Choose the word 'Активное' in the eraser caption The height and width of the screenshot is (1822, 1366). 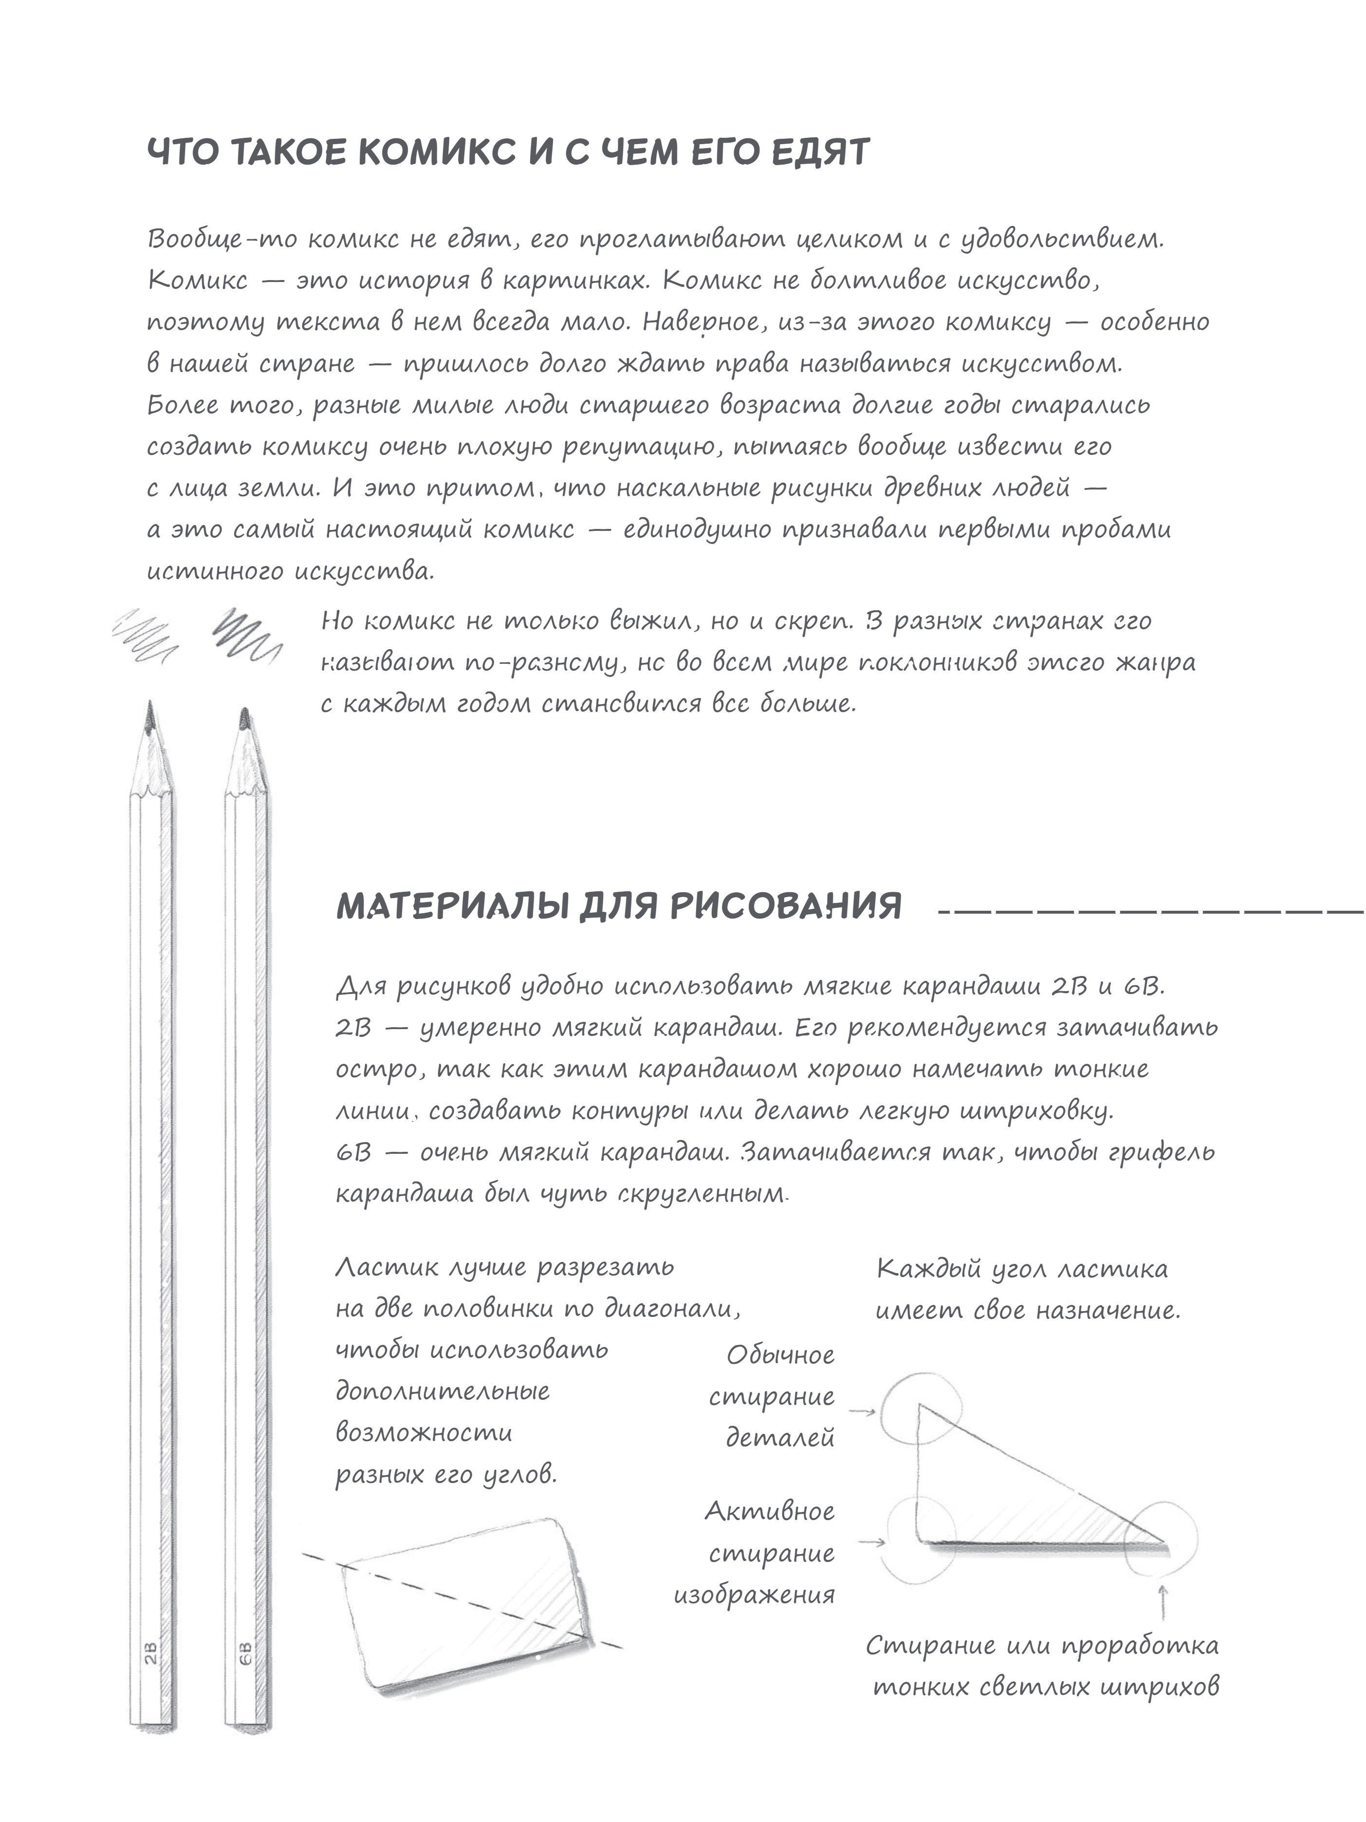[770, 1511]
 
